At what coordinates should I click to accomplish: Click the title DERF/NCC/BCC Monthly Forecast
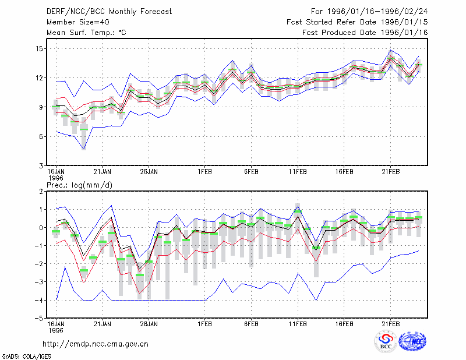coord(109,12)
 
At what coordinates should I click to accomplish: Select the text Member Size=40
coord(78,22)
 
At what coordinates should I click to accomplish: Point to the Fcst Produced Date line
coord(365,33)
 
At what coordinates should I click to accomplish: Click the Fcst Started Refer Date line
coord(357,22)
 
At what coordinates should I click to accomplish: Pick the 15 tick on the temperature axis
coord(40,48)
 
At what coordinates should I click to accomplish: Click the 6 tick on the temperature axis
coord(41,136)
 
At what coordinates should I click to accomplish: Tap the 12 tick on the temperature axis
coord(40,78)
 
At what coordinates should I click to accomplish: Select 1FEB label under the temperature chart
coord(204,172)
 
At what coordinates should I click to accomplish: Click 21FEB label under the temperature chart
coord(390,172)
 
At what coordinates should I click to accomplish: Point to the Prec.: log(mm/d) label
coord(80,185)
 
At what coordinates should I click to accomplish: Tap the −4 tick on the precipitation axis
coord(38,300)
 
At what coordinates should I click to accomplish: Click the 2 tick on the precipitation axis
coord(41,192)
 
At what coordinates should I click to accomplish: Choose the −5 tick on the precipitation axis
coord(38,318)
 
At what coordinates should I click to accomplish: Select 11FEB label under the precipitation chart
coord(298,324)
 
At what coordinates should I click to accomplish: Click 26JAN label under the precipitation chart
coord(149,324)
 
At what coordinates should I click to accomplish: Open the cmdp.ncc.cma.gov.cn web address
coord(96,344)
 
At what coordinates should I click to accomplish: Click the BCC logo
coord(386,342)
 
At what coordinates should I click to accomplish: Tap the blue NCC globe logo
coord(412,341)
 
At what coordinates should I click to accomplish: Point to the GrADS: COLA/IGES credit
coord(26,357)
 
